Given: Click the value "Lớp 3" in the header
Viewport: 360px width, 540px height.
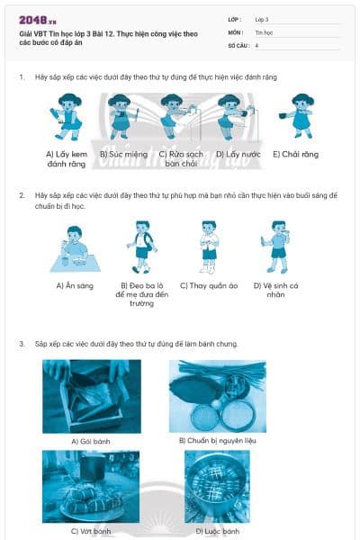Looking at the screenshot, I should [x=262, y=18].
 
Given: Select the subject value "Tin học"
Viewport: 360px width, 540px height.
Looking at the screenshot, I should [x=263, y=31].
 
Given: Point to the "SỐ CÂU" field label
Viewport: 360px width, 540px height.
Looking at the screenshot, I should [x=238, y=44].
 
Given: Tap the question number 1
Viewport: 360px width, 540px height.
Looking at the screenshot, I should [x=22, y=77].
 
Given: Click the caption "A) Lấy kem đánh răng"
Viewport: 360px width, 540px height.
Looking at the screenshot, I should [x=65, y=159].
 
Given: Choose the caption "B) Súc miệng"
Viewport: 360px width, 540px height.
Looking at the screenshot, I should [x=123, y=155].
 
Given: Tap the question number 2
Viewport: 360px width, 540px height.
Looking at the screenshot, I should [x=22, y=194].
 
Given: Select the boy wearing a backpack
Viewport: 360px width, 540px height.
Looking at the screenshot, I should [x=139, y=247].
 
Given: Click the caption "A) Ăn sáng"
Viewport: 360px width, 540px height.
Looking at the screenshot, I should [x=73, y=286].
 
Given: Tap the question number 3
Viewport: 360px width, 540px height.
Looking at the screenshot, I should [x=22, y=344].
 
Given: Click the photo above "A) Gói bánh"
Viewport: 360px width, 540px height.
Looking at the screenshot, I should [x=91, y=396].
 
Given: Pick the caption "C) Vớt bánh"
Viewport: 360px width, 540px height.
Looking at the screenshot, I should [x=90, y=531].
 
